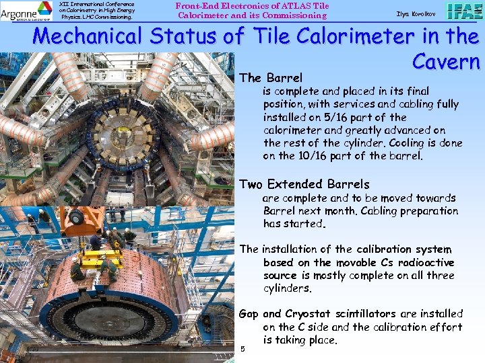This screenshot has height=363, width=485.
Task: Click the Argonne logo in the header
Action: coord(26,11)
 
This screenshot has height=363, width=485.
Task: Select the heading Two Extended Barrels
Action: coord(304,184)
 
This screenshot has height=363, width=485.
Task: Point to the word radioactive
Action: coord(428,263)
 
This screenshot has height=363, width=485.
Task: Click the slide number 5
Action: coord(243,349)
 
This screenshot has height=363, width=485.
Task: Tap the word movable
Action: coord(358,263)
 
